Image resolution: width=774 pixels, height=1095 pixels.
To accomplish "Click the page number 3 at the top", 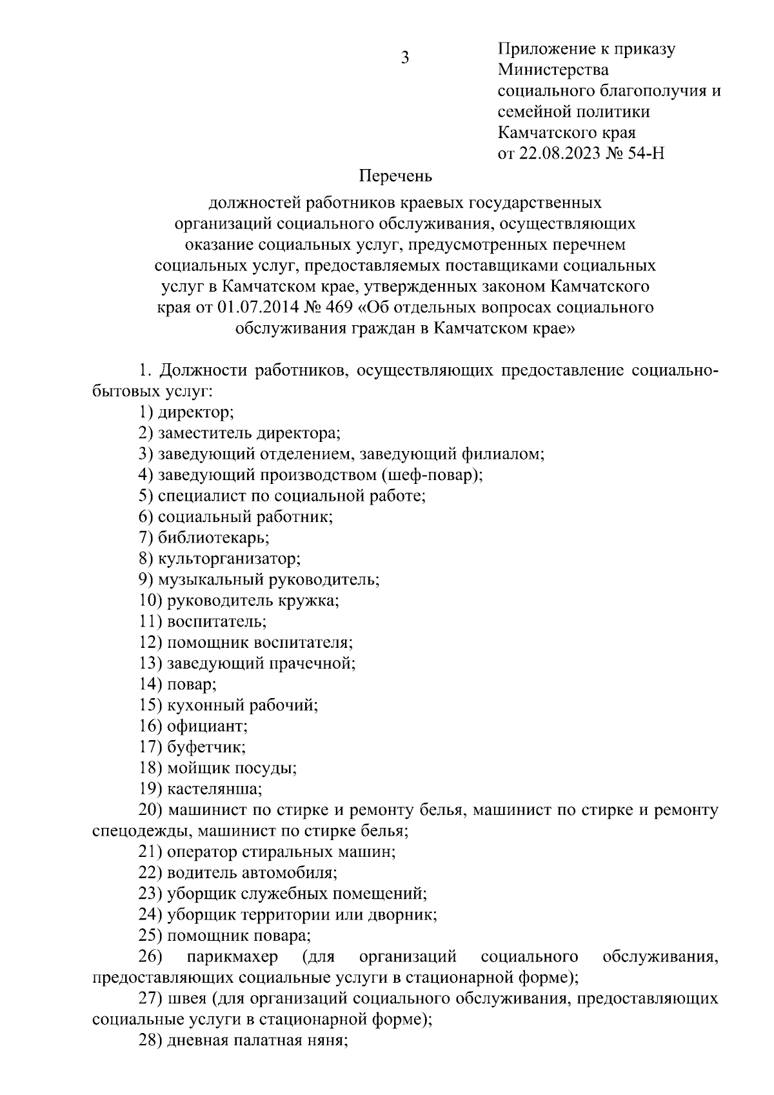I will tap(405, 58).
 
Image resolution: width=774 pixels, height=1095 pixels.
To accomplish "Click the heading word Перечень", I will tap(395, 176).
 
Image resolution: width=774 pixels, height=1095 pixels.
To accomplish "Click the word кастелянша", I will tap(214, 789).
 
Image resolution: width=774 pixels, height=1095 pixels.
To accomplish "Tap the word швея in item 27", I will tap(183, 999).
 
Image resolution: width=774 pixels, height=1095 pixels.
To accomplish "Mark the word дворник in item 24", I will tap(409, 915).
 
